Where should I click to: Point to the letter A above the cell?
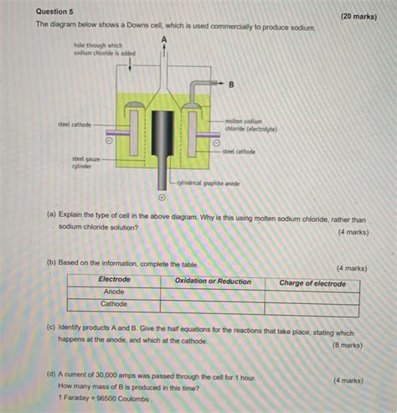pyautogui.click(x=164, y=39)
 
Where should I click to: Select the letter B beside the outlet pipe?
pyautogui.click(x=231, y=85)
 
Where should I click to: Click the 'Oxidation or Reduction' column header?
pyautogui.click(x=213, y=281)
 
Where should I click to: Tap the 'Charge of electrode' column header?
pyautogui.click(x=312, y=283)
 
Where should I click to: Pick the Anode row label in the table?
pyautogui.click(x=114, y=292)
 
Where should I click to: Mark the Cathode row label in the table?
pyautogui.click(x=114, y=305)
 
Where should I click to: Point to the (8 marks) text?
pyautogui.click(x=346, y=344)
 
